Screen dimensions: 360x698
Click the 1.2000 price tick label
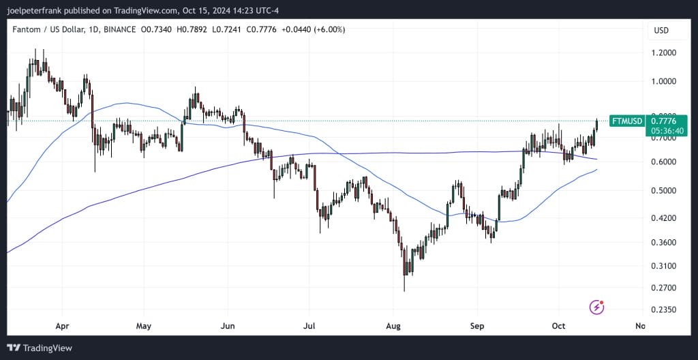coord(665,52)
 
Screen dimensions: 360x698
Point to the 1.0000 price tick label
coord(665,81)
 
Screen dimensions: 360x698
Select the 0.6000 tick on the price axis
coord(665,162)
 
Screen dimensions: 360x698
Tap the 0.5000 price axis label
coord(665,190)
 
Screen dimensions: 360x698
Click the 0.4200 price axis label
coord(665,218)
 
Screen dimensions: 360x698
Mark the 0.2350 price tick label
coord(665,310)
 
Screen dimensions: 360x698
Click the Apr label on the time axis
coord(62,326)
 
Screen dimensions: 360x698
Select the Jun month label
coord(228,326)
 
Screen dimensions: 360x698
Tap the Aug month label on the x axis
coord(394,326)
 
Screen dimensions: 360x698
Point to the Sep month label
coord(476,326)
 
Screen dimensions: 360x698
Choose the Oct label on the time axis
coord(558,326)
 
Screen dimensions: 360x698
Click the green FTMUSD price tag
coord(626,121)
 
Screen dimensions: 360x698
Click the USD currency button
coord(661,30)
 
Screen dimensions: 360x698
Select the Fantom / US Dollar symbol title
coord(48,30)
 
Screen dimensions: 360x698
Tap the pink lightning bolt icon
coord(597,307)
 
